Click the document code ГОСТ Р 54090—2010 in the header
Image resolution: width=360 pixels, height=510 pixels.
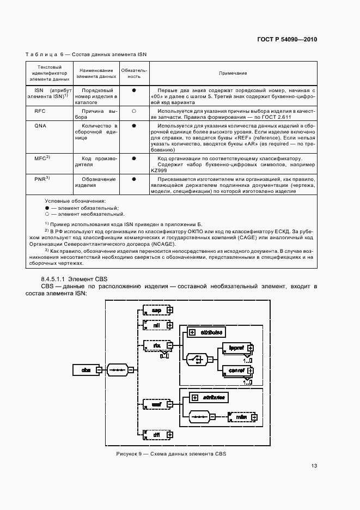pos(286,40)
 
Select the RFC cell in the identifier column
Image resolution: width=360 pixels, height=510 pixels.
pos(40,110)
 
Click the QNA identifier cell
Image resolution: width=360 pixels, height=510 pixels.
pos(40,125)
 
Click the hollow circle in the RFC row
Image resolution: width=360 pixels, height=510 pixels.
pos(133,111)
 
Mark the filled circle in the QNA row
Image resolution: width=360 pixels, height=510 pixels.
pos(133,126)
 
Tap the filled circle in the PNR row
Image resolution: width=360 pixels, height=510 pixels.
pos(133,179)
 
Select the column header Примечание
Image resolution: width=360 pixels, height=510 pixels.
pos(233,72)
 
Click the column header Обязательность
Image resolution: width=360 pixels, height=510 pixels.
pos(133,72)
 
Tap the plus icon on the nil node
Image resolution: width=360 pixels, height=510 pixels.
pos(170,325)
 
